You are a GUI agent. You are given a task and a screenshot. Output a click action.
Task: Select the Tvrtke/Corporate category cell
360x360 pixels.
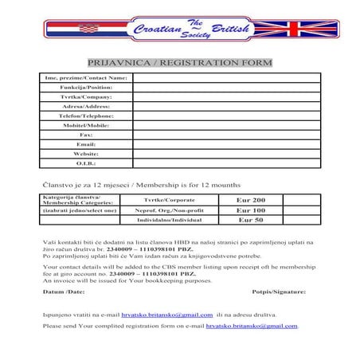click(170, 199)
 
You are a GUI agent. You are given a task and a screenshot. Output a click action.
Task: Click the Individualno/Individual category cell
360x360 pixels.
click(170, 219)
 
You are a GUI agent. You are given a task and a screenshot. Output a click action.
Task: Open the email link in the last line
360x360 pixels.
click(251, 326)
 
